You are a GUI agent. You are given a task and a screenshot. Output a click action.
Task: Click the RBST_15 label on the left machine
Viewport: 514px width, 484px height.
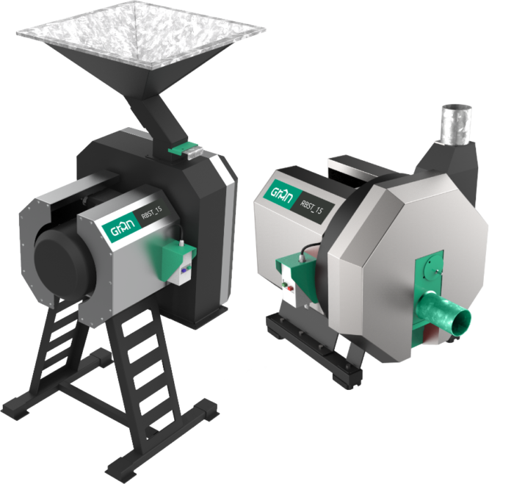point(151,214)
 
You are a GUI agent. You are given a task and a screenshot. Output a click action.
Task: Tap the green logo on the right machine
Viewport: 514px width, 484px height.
point(280,194)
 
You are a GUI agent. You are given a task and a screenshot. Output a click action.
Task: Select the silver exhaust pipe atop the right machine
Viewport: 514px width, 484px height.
point(457,124)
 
